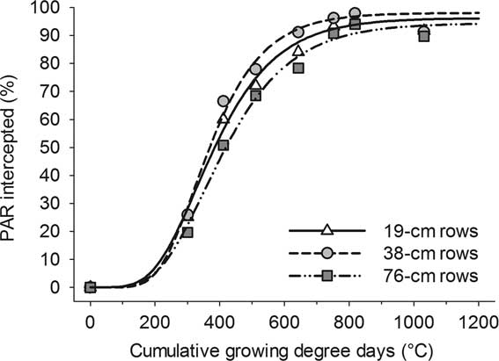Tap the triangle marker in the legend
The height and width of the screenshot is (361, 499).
click(327, 230)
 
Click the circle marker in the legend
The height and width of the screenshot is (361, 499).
click(327, 254)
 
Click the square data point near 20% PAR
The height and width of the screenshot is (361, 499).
click(187, 232)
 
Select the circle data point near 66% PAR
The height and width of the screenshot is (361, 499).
click(224, 101)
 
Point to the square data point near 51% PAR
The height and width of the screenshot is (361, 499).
click(224, 145)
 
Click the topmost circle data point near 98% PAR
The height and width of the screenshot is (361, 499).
click(355, 13)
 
